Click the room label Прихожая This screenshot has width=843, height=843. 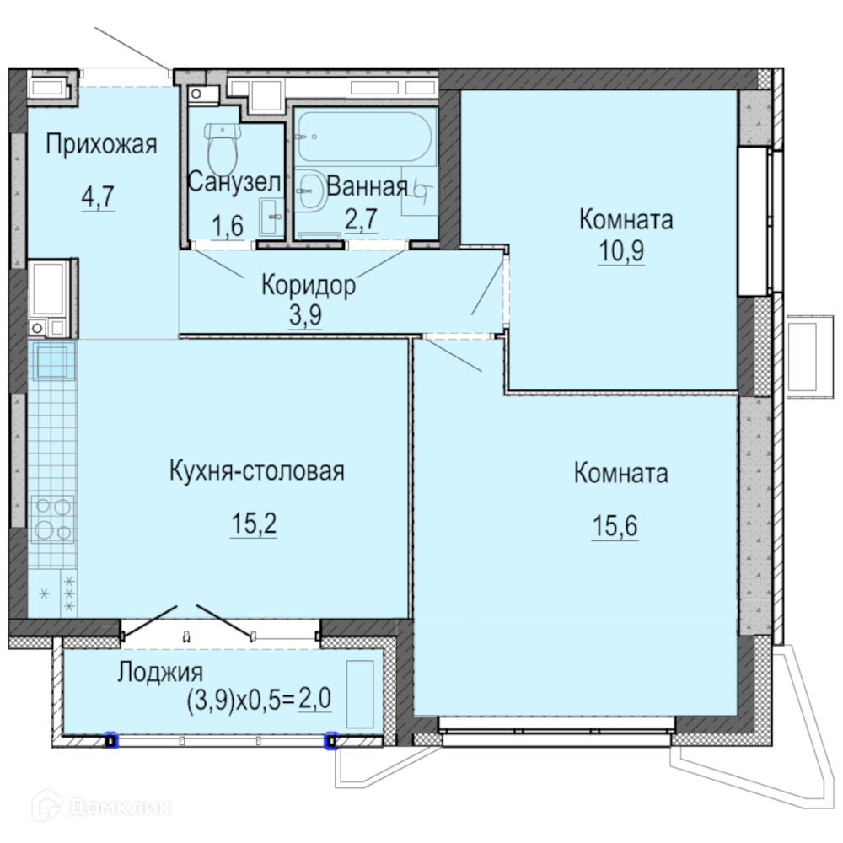click(101, 144)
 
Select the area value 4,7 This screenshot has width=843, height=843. click(99, 196)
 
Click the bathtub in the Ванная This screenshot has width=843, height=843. click(365, 137)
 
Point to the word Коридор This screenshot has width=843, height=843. click(308, 284)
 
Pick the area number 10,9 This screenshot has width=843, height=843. click(621, 250)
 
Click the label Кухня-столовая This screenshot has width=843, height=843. click(257, 470)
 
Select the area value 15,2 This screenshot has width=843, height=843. click(254, 524)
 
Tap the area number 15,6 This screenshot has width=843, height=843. click(615, 525)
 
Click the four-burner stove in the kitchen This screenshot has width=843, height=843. click(52, 519)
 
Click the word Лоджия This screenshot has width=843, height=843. click(160, 672)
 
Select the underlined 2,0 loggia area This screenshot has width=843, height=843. click(314, 699)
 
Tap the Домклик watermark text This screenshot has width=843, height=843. click(120, 807)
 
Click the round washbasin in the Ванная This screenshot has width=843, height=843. click(311, 191)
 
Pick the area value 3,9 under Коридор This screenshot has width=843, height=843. click(305, 315)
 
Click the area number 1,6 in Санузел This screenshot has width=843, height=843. click(228, 226)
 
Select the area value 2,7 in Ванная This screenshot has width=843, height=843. click(362, 219)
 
